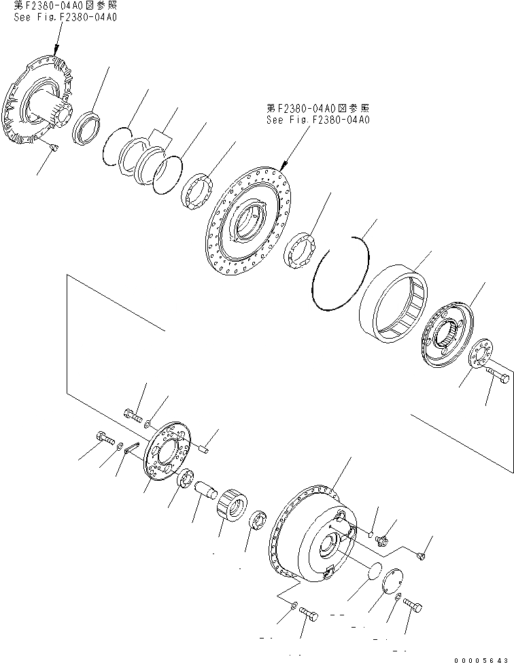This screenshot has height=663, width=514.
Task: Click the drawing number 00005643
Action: [x=481, y=660]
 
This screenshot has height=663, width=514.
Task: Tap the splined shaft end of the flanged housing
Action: [x=61, y=112]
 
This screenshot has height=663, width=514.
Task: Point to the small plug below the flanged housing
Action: [x=54, y=147]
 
